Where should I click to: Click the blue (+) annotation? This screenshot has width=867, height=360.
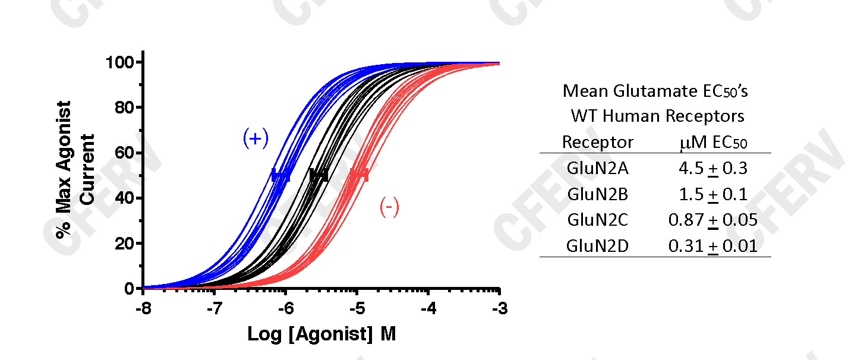click(256, 138)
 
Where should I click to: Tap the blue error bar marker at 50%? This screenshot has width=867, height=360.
click(280, 176)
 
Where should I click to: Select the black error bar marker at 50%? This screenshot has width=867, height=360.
click(319, 175)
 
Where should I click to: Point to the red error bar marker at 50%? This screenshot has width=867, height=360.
click(359, 175)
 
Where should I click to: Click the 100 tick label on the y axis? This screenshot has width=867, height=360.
click(121, 62)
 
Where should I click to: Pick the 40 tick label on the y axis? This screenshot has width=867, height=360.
click(125, 198)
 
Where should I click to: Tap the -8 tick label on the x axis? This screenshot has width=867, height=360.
click(143, 310)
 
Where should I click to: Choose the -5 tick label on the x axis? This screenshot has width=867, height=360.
click(357, 310)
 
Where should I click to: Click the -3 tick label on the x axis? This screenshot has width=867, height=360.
click(499, 310)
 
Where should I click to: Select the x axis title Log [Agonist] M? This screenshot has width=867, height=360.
click(321, 334)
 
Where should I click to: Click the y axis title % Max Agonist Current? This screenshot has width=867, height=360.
click(75, 170)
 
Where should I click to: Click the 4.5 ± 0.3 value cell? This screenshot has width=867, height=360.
click(712, 168)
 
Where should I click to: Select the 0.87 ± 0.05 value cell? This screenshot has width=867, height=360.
click(712, 220)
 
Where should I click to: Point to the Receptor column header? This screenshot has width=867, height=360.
click(598, 143)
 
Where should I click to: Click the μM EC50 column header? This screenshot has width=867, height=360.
click(712, 143)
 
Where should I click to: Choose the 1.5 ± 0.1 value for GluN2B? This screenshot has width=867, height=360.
click(712, 194)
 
